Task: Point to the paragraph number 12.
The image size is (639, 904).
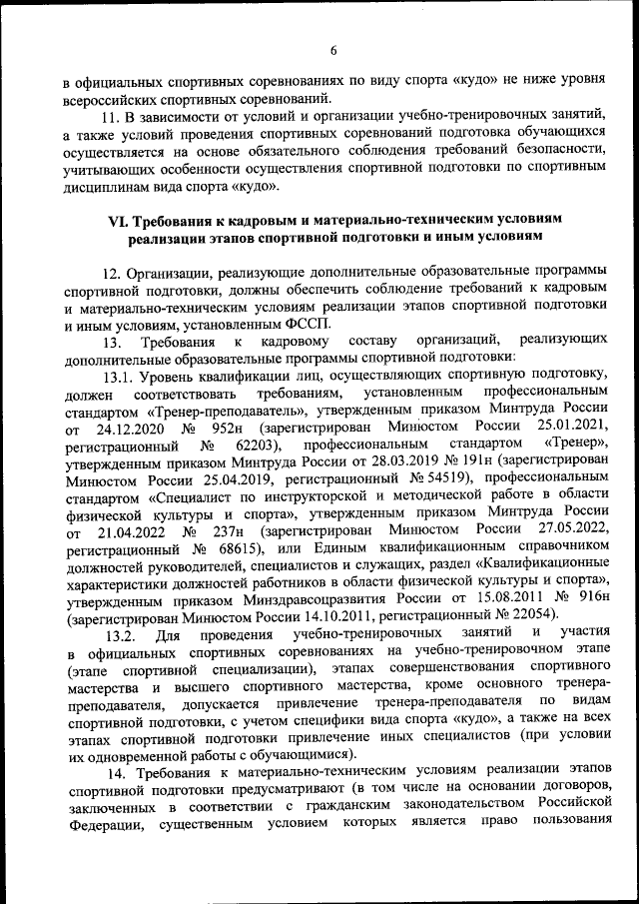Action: click(112, 272)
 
